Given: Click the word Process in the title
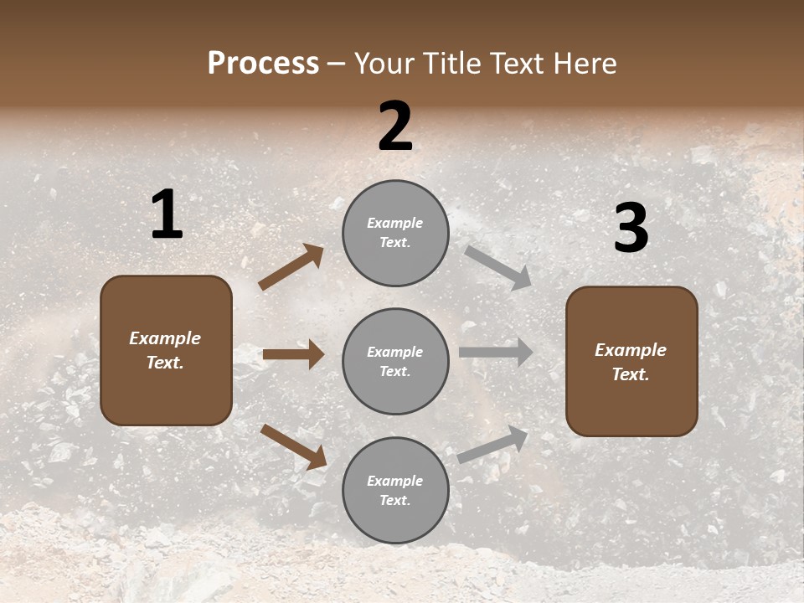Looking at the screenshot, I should (x=263, y=64).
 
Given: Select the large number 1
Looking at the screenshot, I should (x=167, y=215).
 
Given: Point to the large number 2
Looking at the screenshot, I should (x=395, y=126).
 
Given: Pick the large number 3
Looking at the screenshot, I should (x=631, y=229).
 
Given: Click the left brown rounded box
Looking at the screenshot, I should (x=166, y=350).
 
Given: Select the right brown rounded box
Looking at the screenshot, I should (x=631, y=362).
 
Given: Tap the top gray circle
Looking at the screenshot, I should (x=395, y=233).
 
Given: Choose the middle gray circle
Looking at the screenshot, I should (x=395, y=362).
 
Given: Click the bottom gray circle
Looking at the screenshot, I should (x=395, y=491).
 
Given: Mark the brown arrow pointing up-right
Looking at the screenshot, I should (x=291, y=267).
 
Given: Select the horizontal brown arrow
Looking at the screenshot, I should (x=293, y=354).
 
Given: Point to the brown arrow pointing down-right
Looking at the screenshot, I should (x=293, y=446).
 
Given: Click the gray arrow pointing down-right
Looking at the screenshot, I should (x=498, y=268).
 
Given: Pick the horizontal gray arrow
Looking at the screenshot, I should (x=496, y=352).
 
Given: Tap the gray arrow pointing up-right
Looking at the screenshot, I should (x=493, y=444).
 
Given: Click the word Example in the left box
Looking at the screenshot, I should (x=165, y=338).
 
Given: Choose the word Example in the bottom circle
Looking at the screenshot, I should (x=394, y=481).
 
